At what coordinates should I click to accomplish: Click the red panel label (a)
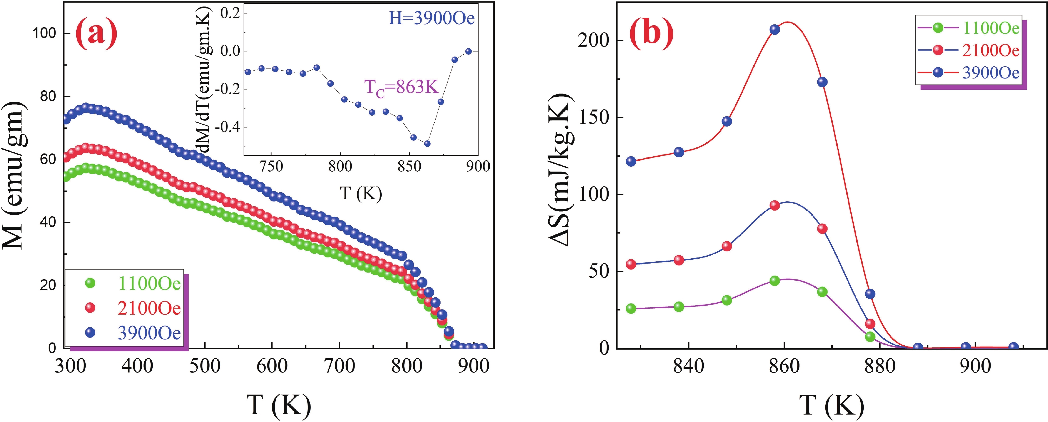(96, 35)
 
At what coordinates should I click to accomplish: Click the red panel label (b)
(651, 35)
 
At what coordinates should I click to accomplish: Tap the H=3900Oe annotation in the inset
(431, 18)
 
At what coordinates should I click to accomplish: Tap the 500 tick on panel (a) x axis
(205, 366)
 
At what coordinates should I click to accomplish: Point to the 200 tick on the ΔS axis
(594, 41)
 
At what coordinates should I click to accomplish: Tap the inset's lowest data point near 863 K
(427, 143)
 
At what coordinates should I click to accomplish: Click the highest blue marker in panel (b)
(775, 29)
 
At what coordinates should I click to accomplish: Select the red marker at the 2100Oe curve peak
(775, 205)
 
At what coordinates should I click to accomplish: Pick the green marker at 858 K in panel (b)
(775, 281)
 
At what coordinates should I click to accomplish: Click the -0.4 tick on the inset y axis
(228, 127)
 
